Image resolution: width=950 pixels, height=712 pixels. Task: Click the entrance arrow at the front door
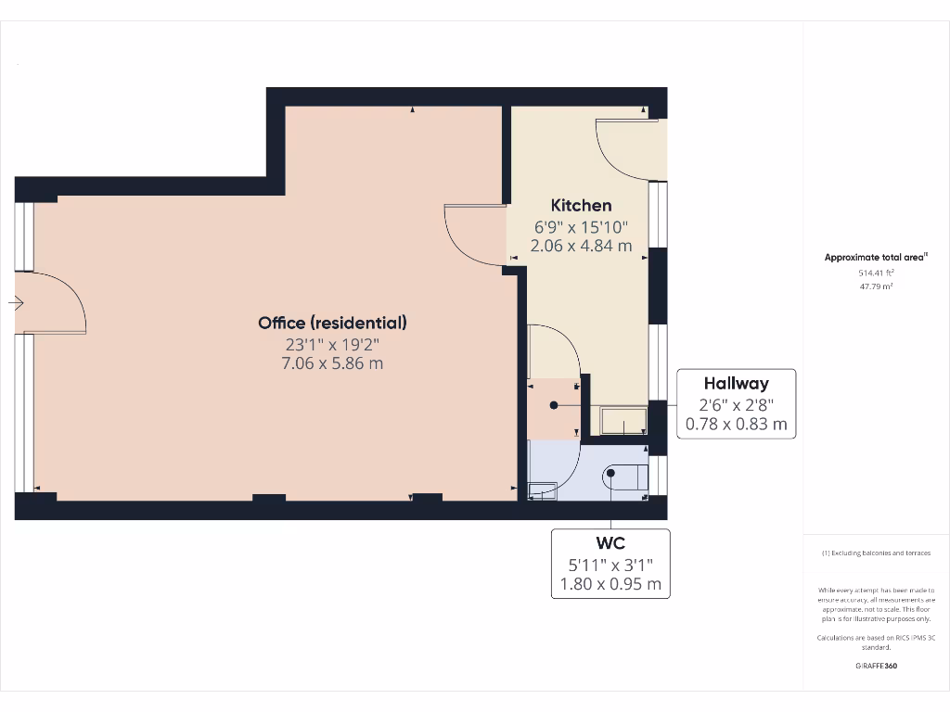click(x=16, y=302)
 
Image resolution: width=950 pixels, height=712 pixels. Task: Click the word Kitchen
click(x=581, y=205)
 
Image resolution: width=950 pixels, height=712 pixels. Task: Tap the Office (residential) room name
click(x=332, y=323)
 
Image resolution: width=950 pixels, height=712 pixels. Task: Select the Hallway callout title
click(x=736, y=383)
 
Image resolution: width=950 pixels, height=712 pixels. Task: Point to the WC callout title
click(x=610, y=542)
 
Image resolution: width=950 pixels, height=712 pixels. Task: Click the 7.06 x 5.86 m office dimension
click(x=332, y=363)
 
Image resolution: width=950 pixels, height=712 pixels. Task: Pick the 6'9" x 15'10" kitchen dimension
click(x=581, y=226)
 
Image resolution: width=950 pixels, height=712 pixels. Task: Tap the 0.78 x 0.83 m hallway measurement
click(x=736, y=425)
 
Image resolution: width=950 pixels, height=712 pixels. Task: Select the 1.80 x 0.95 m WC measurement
click(x=610, y=584)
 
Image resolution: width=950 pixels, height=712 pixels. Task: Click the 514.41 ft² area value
click(x=876, y=273)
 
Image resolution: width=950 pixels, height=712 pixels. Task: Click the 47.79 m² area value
click(x=876, y=287)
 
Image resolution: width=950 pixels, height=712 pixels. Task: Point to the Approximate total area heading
click(x=876, y=258)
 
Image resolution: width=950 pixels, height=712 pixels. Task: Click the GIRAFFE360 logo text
click(x=876, y=666)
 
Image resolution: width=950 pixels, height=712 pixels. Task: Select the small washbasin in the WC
click(x=542, y=490)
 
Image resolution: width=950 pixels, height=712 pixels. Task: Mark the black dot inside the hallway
click(x=554, y=405)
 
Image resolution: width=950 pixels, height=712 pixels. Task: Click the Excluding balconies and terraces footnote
click(x=876, y=553)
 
